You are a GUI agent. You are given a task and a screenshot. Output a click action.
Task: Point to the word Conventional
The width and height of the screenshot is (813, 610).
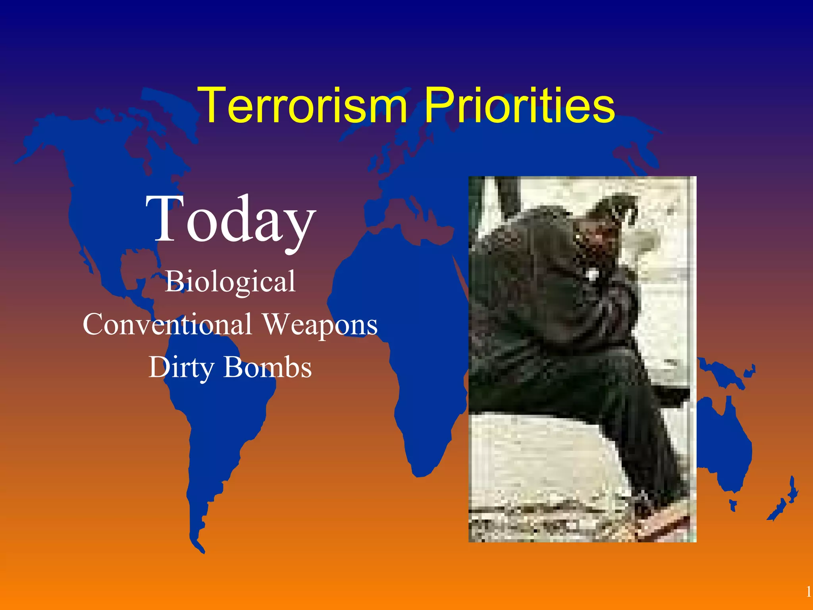click(x=167, y=324)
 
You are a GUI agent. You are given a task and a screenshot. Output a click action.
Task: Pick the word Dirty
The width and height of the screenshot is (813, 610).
click(x=181, y=368)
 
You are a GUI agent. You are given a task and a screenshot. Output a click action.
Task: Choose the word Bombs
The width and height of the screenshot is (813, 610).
click(x=268, y=367)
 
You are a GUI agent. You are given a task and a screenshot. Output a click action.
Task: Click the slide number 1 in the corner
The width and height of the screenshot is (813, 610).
click(x=808, y=592)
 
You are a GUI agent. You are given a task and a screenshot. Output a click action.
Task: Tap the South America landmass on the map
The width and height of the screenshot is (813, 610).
click(x=222, y=429)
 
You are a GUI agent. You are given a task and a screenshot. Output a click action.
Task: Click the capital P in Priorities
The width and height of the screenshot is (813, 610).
click(x=439, y=106)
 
